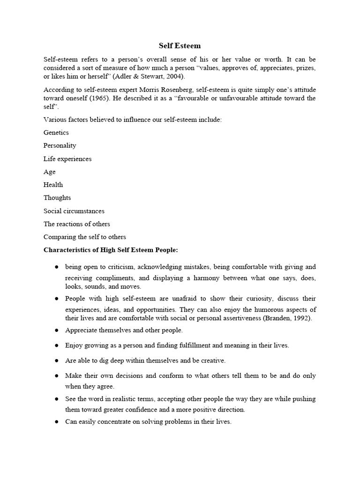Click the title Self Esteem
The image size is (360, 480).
click(x=180, y=46)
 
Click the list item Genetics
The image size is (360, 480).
click(x=56, y=133)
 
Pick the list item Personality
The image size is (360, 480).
click(x=60, y=146)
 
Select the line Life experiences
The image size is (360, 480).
click(x=67, y=159)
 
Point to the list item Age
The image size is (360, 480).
click(x=50, y=172)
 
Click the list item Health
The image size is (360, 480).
click(x=53, y=185)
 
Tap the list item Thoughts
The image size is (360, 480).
click(x=57, y=198)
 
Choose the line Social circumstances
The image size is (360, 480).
click(x=74, y=211)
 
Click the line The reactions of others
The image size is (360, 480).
click(x=77, y=224)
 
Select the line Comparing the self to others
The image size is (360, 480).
click(x=85, y=237)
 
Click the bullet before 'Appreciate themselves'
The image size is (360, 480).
click(x=56, y=330)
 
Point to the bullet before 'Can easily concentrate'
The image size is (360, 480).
click(x=56, y=422)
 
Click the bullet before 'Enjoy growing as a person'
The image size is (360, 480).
click(x=56, y=345)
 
